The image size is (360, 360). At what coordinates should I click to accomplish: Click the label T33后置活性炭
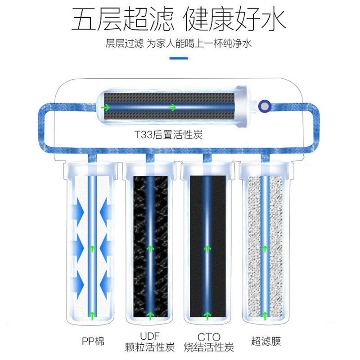pos(168,135)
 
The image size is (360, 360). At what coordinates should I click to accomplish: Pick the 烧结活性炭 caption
pos(208,348)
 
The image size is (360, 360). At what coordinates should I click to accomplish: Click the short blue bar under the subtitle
pos(179,58)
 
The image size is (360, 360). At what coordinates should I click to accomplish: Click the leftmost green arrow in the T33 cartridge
pos(107,108)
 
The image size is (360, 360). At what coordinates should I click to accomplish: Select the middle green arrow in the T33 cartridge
pos(171,108)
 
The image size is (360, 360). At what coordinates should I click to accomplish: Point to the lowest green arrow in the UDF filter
pos(149,315)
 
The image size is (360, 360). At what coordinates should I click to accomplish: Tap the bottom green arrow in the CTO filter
pos(207,315)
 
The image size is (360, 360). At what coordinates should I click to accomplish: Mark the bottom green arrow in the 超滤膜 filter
pos(265,315)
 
